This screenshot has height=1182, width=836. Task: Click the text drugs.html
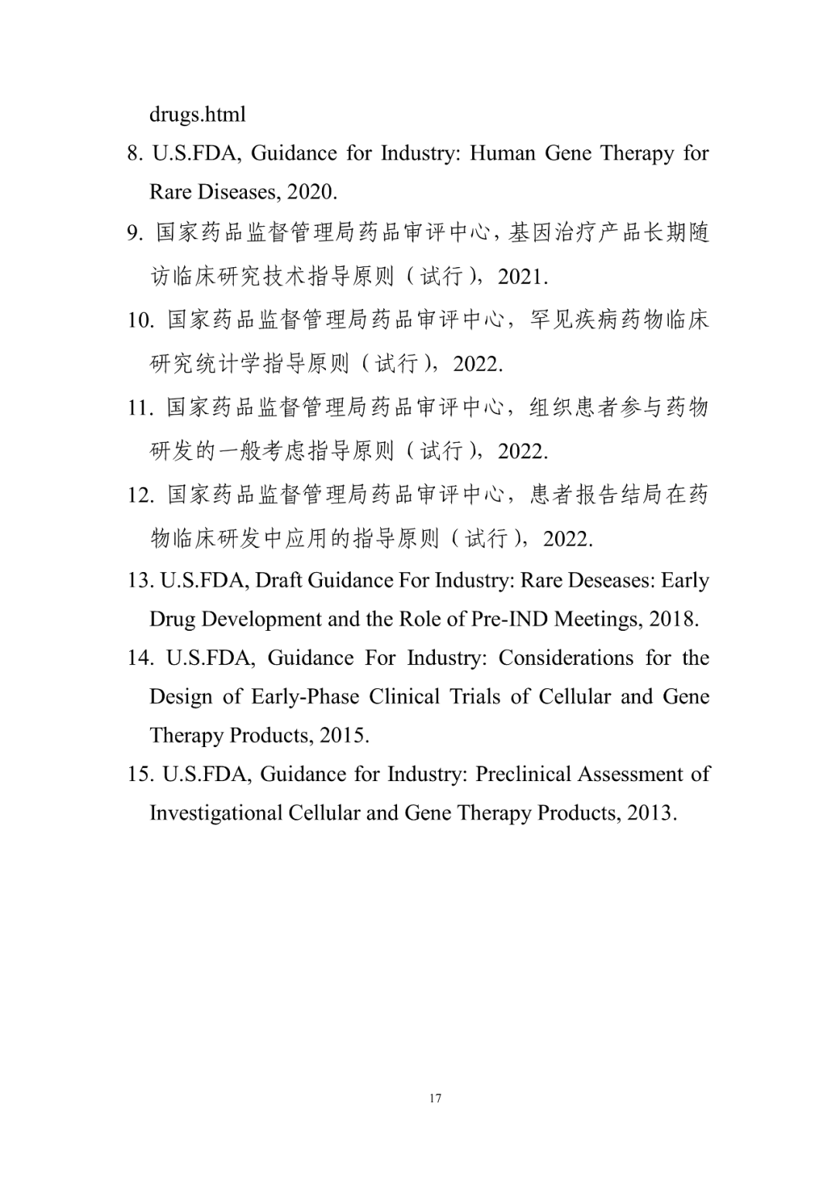pos(197,115)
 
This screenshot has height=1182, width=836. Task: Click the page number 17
pos(435,1098)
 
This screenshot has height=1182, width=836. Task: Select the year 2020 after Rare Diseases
pos(311,191)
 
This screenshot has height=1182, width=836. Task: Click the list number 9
pos(135,232)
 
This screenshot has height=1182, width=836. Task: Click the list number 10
pos(140,320)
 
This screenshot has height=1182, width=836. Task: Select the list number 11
pos(140,407)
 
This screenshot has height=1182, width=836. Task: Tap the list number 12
pos(140,495)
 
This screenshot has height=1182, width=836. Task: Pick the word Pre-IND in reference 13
pos(511,619)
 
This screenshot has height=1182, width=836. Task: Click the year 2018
pos(672,619)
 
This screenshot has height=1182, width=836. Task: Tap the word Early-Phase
pos(305,697)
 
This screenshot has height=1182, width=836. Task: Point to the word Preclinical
pos(522,774)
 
